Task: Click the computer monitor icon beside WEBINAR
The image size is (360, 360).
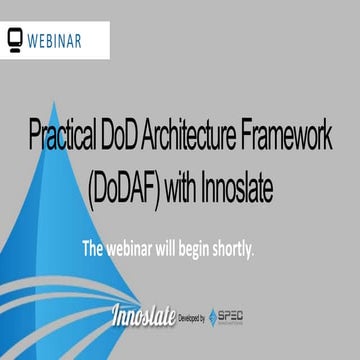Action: pyautogui.click(x=15, y=41)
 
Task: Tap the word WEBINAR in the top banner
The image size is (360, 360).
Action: pyautogui.click(x=54, y=41)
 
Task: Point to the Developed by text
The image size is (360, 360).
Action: pyautogui.click(x=190, y=318)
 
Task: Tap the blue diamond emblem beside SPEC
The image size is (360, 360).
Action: pyautogui.click(x=214, y=317)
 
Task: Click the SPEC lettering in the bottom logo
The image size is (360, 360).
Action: pyautogui.click(x=233, y=316)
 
